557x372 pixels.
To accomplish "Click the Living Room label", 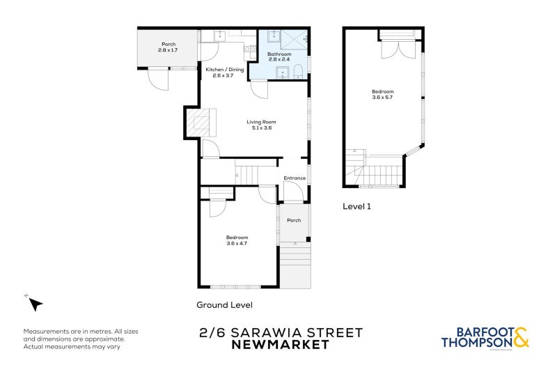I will coord(258,125).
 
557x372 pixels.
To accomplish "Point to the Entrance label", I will coord(295,178).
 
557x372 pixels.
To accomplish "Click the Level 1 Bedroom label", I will coord(382,95).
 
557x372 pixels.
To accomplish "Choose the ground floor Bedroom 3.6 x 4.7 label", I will coord(237,240).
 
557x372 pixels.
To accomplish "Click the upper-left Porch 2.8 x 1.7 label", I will coord(168,47).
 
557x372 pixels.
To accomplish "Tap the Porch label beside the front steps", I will coord(294,220).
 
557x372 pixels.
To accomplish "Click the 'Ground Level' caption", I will coord(224,305).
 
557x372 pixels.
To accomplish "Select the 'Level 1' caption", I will coord(358,206).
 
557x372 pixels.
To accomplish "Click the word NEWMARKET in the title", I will coord(280,345).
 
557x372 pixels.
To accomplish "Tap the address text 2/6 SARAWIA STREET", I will coord(280,332).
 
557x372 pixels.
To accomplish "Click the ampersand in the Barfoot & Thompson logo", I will coord(521,340).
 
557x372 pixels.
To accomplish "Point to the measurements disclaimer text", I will coord(74,339).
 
